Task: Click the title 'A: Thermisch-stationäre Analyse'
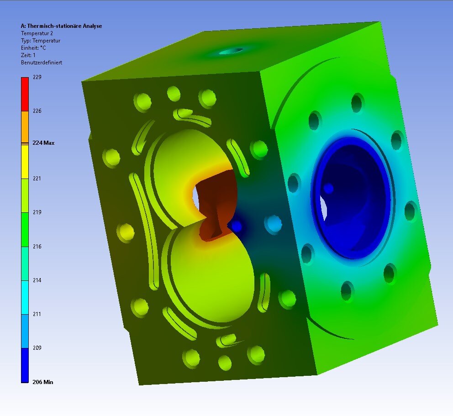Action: coord(61,26)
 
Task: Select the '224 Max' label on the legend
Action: coord(43,143)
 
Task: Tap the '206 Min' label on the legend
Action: coord(42,382)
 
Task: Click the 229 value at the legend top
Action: coord(37,77)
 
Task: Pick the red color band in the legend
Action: coord(25,94)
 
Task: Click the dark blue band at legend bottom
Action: coord(25,365)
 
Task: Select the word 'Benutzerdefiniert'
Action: coord(42,63)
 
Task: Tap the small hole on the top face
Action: coord(231,51)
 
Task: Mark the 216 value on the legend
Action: coord(37,247)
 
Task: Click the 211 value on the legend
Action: coord(37,314)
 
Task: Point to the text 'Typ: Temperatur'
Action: coord(41,41)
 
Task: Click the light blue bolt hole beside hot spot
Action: coord(274,224)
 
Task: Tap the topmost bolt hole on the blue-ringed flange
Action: coord(357,103)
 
